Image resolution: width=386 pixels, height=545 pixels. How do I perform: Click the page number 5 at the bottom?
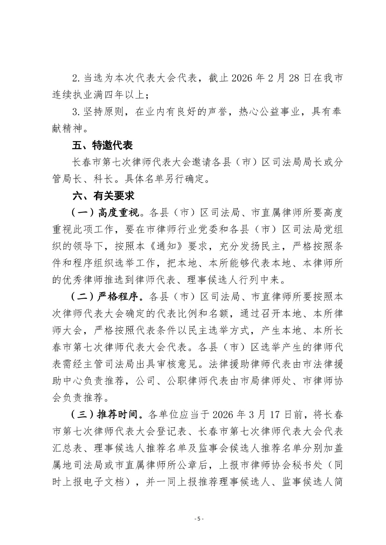199,519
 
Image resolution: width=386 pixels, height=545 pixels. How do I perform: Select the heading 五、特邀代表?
102,145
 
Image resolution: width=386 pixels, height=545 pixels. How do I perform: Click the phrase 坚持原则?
102,112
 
